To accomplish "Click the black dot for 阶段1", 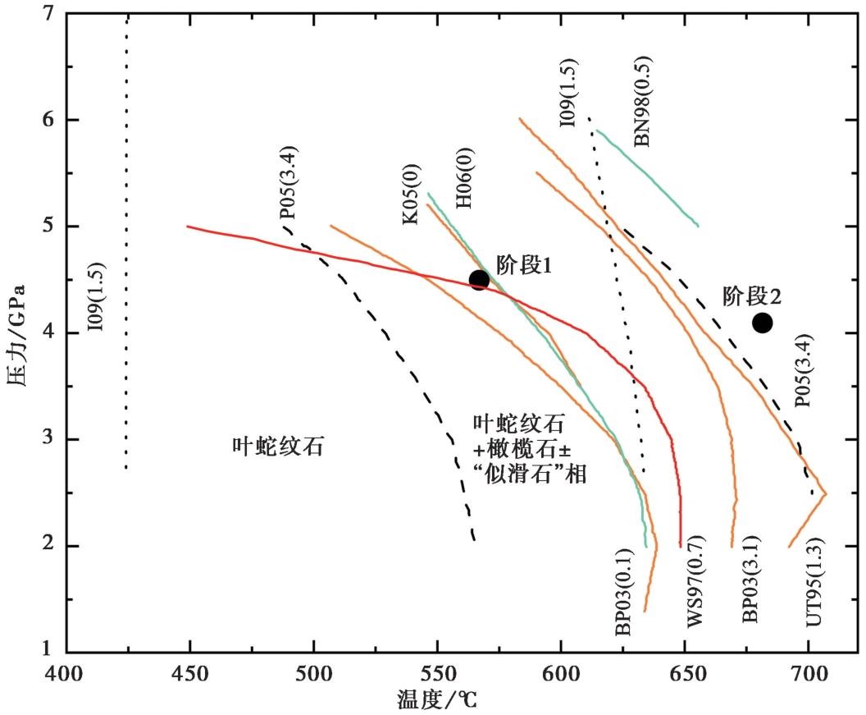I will tap(479, 280).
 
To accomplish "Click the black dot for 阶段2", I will tap(762, 323).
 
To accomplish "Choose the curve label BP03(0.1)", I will tap(624, 590).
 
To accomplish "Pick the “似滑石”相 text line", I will tap(530, 474).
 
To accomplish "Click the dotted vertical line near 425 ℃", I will tap(126, 246).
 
